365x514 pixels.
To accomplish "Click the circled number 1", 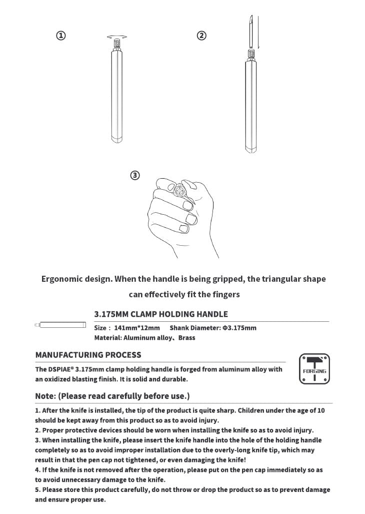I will click(x=60, y=36).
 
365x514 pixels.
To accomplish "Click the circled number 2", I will click(x=201, y=36).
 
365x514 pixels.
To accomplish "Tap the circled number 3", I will click(x=134, y=175).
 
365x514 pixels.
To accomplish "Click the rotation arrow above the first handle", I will click(x=116, y=37).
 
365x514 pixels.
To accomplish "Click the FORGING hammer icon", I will click(x=314, y=369).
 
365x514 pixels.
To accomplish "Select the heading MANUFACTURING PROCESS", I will click(x=88, y=355).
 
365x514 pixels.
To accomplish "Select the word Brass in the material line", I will click(x=186, y=338).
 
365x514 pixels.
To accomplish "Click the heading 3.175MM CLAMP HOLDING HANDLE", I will click(x=161, y=314).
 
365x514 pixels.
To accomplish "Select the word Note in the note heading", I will click(x=45, y=396).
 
